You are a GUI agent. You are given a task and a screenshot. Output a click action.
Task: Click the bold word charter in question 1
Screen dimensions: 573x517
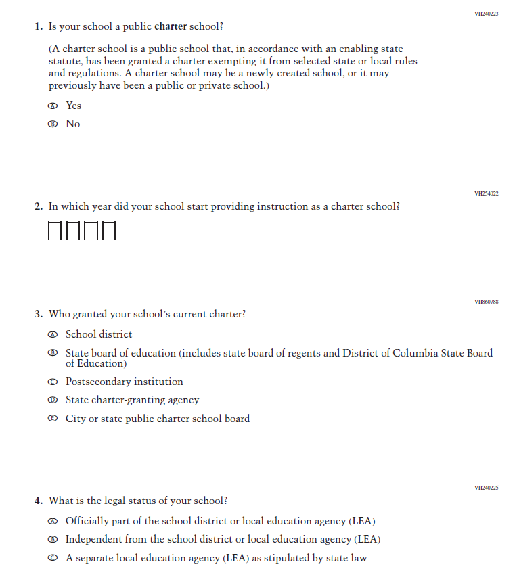coord(171,27)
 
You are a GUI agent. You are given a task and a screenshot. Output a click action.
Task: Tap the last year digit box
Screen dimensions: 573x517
coord(109,231)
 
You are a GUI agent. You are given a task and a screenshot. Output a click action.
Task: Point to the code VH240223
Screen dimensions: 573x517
coord(487,14)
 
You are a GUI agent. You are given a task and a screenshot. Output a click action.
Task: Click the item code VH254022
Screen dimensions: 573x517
coord(487,193)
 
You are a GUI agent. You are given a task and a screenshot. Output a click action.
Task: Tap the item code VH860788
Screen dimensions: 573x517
coord(487,302)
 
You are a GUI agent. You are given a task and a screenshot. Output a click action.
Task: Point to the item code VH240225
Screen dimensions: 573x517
coord(487,488)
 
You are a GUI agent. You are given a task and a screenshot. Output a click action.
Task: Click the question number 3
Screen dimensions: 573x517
coord(38,315)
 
